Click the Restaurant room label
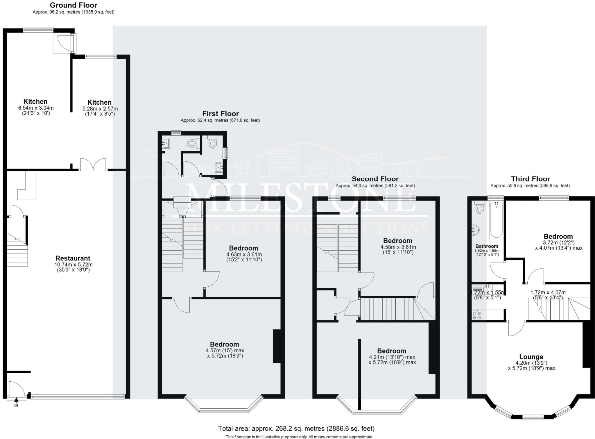(73, 258)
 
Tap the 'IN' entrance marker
(16, 405)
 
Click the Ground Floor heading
(74, 5)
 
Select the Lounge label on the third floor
(531, 357)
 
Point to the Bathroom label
(487, 246)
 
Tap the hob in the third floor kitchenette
(477, 315)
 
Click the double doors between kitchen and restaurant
(93, 165)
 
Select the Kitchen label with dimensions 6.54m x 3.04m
(35, 101)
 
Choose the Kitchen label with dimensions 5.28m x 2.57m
(99, 102)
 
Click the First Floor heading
(221, 114)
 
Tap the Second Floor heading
(375, 179)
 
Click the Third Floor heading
(531, 179)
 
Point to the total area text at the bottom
(296, 428)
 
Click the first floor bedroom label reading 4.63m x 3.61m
(243, 248)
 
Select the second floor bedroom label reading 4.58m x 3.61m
(398, 241)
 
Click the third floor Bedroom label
(558, 236)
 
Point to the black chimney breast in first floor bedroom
(277, 346)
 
